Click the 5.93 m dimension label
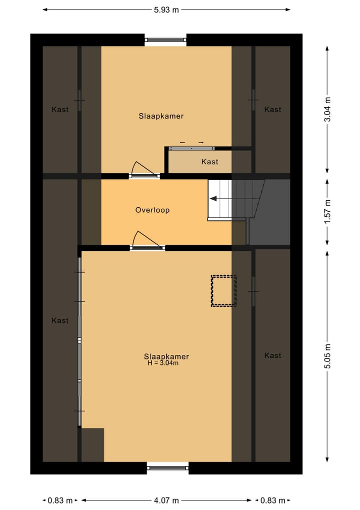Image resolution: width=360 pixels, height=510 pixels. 166,10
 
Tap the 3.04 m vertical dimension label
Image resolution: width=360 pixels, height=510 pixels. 327,109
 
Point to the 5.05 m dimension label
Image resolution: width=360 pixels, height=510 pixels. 327,356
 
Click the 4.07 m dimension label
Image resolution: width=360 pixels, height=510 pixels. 166,500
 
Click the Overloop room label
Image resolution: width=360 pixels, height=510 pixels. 152,210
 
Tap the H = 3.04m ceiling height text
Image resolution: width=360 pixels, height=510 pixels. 163,363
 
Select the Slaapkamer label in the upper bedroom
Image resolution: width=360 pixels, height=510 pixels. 161,116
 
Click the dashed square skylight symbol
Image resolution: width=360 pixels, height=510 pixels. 223,291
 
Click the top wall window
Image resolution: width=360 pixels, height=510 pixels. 165,40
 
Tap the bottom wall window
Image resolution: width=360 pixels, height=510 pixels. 167,468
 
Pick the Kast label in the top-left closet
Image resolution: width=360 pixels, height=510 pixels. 60,110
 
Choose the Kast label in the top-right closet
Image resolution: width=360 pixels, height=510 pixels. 272,110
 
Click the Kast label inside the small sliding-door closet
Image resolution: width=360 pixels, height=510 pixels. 209,162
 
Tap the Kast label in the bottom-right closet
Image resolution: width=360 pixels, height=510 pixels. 272,355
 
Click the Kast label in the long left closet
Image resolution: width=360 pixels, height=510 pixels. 60,321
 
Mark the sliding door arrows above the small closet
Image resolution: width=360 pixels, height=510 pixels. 192,143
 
